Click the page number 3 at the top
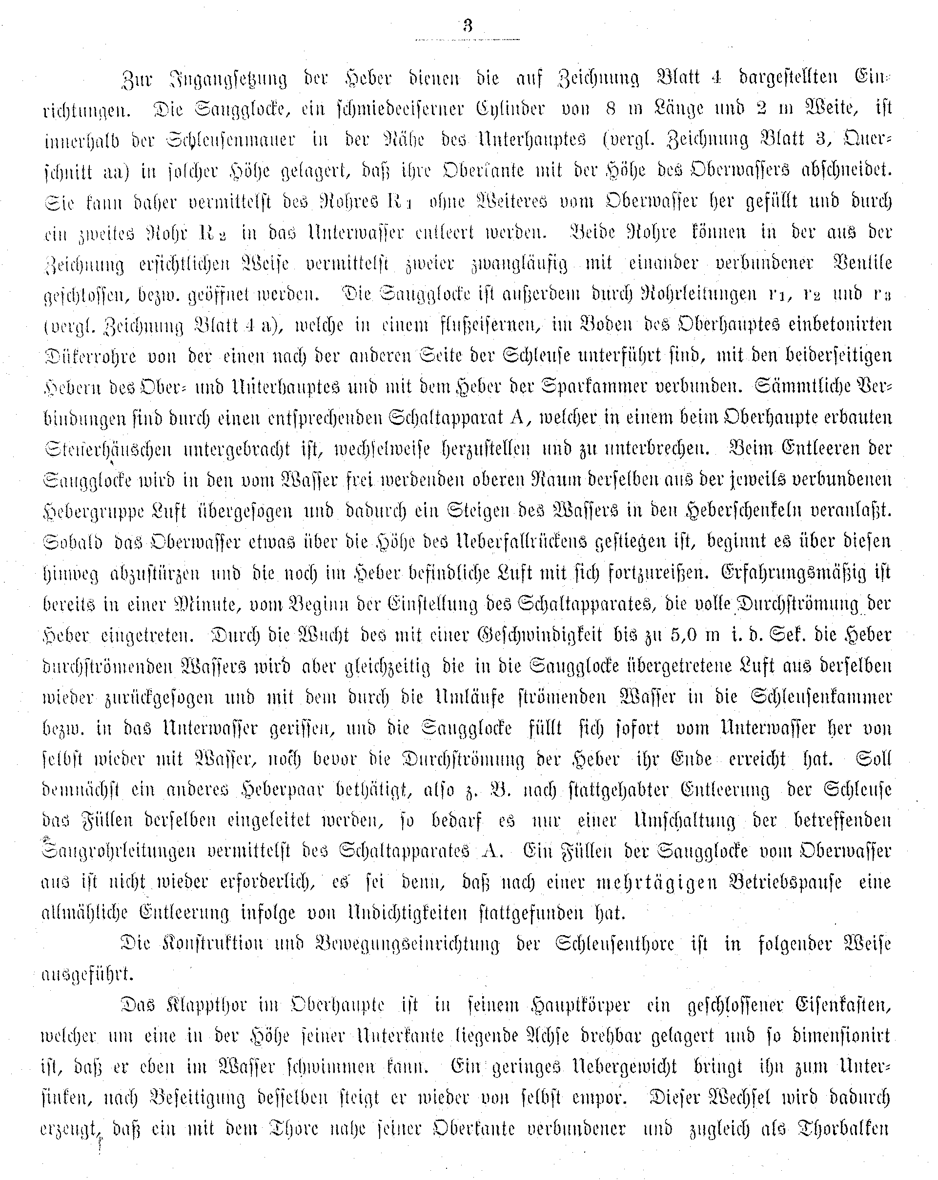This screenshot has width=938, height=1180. (x=467, y=26)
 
